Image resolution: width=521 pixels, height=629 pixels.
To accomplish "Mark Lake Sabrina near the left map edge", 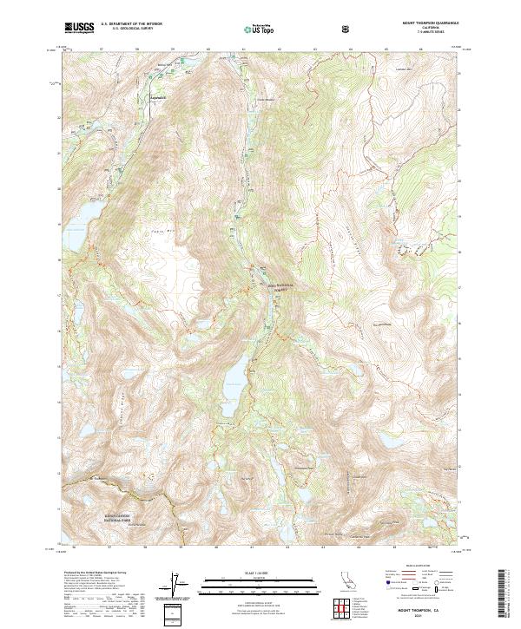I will [76, 224].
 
